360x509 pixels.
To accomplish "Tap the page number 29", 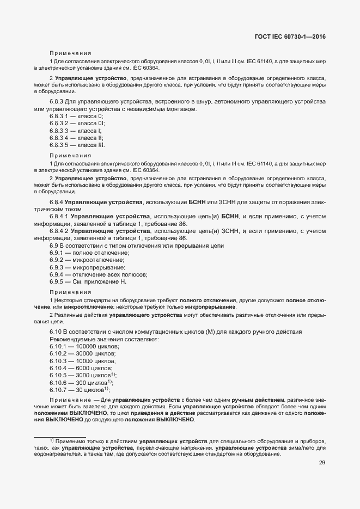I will [322, 463].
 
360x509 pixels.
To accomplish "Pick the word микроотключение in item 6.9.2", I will [102, 260].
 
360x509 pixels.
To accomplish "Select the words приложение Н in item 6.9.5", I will [108, 281].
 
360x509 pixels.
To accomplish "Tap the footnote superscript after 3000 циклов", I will [112, 373].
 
